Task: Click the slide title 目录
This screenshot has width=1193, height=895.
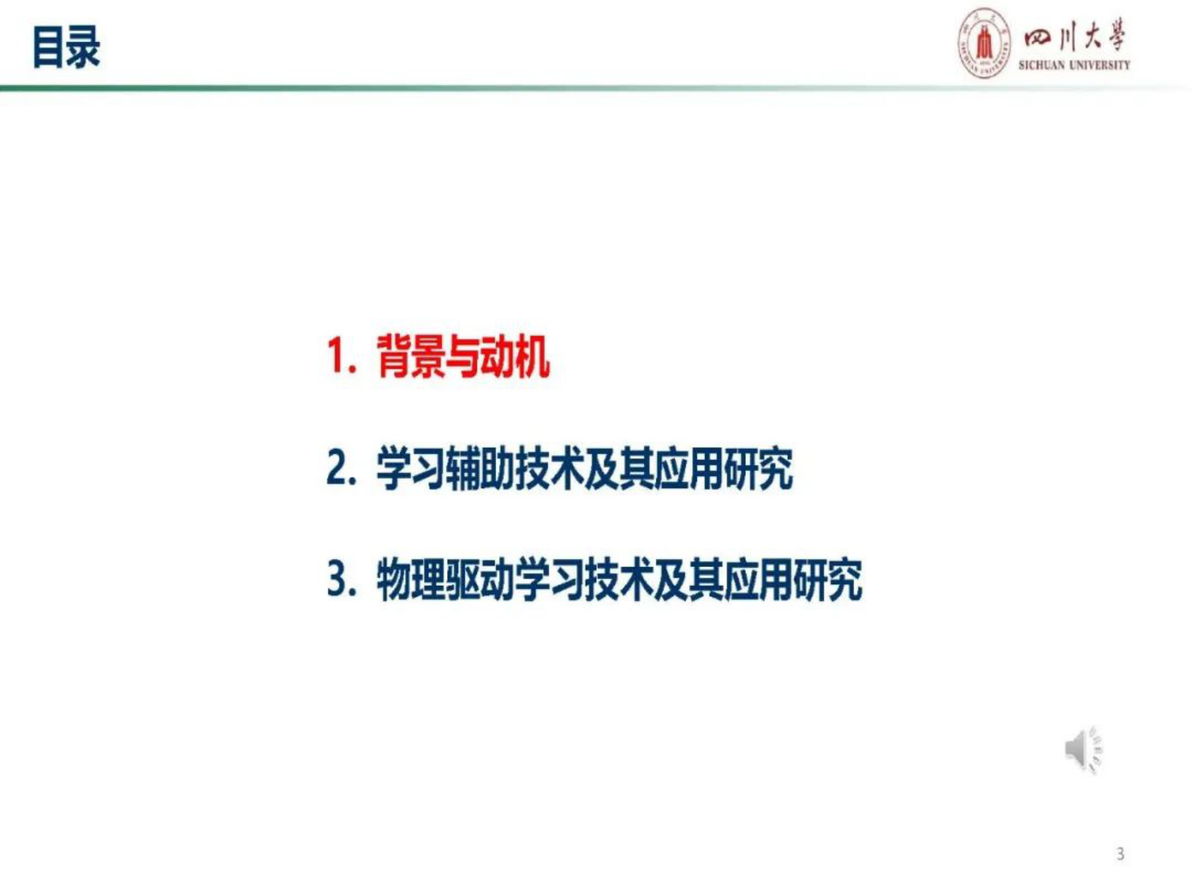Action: click(66, 47)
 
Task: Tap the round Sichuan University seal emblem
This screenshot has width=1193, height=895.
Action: click(984, 43)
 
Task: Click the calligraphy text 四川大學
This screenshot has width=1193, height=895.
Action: click(1075, 36)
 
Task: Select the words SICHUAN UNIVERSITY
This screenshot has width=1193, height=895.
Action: click(1074, 65)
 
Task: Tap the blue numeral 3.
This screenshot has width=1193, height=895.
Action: click(340, 580)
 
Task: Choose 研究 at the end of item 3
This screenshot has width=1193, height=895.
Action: click(828, 580)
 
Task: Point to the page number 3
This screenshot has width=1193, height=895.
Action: click(1120, 854)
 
